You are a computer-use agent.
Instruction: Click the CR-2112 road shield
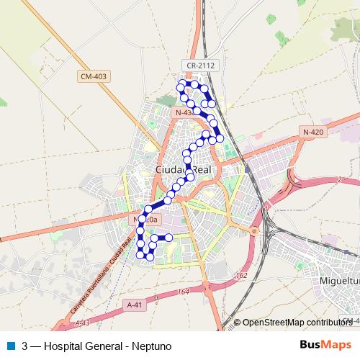pos(201,65)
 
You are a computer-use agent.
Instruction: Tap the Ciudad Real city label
pos(184,169)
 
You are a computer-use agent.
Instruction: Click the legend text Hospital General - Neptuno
pos(107,346)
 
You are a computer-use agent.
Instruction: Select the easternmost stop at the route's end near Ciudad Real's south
pos(168,237)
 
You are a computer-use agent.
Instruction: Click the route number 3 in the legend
pos(25,346)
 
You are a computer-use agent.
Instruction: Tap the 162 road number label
pos(241,274)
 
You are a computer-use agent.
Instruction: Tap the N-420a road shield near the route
pos(145,219)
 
